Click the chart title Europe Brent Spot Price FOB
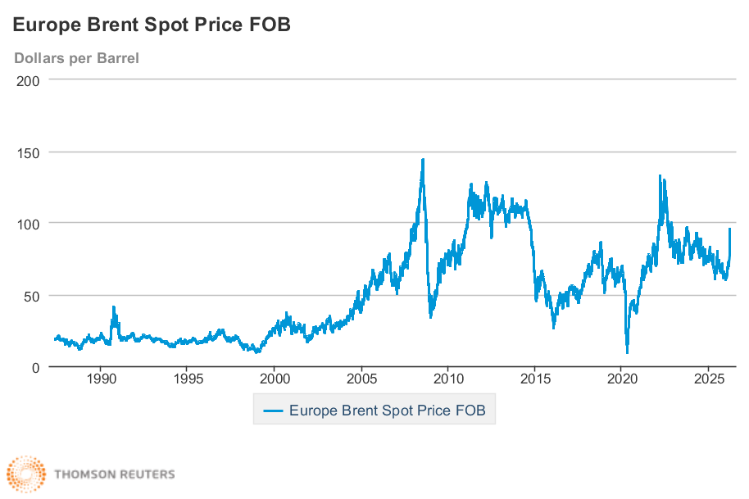pyautogui.click(x=152, y=25)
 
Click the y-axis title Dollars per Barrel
pyautogui.click(x=76, y=58)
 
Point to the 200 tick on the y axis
pyautogui.click(x=28, y=79)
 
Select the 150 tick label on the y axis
pyautogui.click(x=28, y=152)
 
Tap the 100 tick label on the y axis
pyautogui.click(x=28, y=223)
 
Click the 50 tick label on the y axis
pyautogui.click(x=31, y=295)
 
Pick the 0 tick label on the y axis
pyautogui.click(x=34, y=367)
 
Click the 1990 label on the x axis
pyautogui.click(x=100, y=380)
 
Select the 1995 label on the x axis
pyautogui.click(x=187, y=380)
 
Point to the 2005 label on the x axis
pyautogui.click(x=361, y=380)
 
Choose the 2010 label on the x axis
pyautogui.click(x=448, y=380)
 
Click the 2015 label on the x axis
pyautogui.click(x=535, y=380)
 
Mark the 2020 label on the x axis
pyautogui.click(x=622, y=380)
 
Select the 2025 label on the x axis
pyautogui.click(x=709, y=380)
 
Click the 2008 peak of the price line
pyautogui.click(x=423, y=160)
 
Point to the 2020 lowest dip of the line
pyautogui.click(x=628, y=352)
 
